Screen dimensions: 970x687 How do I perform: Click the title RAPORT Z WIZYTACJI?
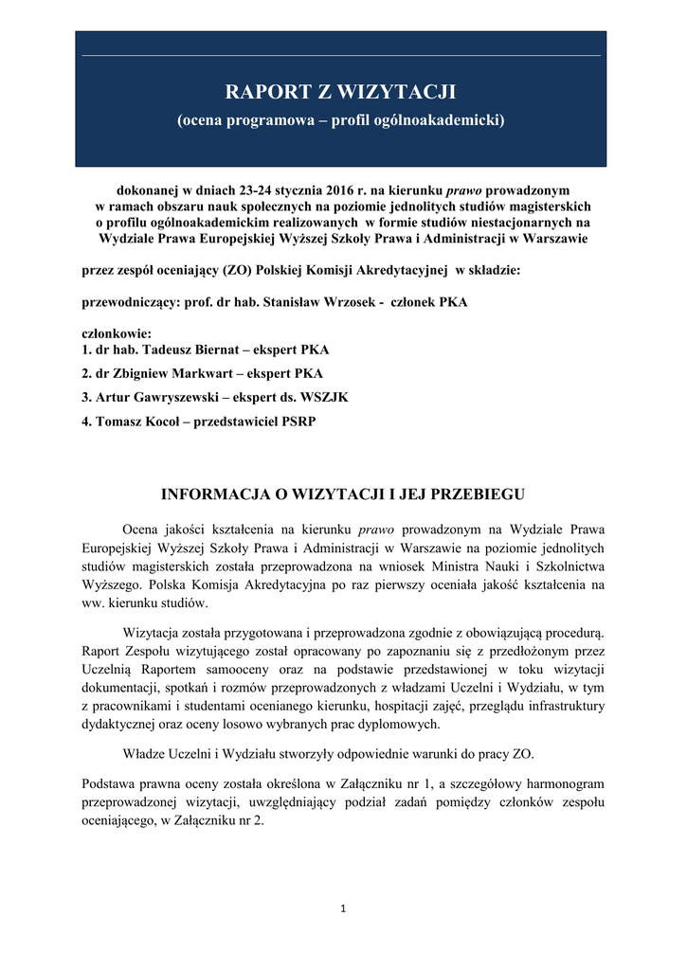[x=341, y=92]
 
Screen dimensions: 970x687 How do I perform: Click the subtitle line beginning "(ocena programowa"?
[x=341, y=121]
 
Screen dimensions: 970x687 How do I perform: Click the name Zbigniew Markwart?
[x=171, y=373]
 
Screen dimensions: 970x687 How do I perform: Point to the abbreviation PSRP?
[x=297, y=422]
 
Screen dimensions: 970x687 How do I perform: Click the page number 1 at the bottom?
[x=343, y=910]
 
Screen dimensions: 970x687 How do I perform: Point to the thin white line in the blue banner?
[x=341, y=55]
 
